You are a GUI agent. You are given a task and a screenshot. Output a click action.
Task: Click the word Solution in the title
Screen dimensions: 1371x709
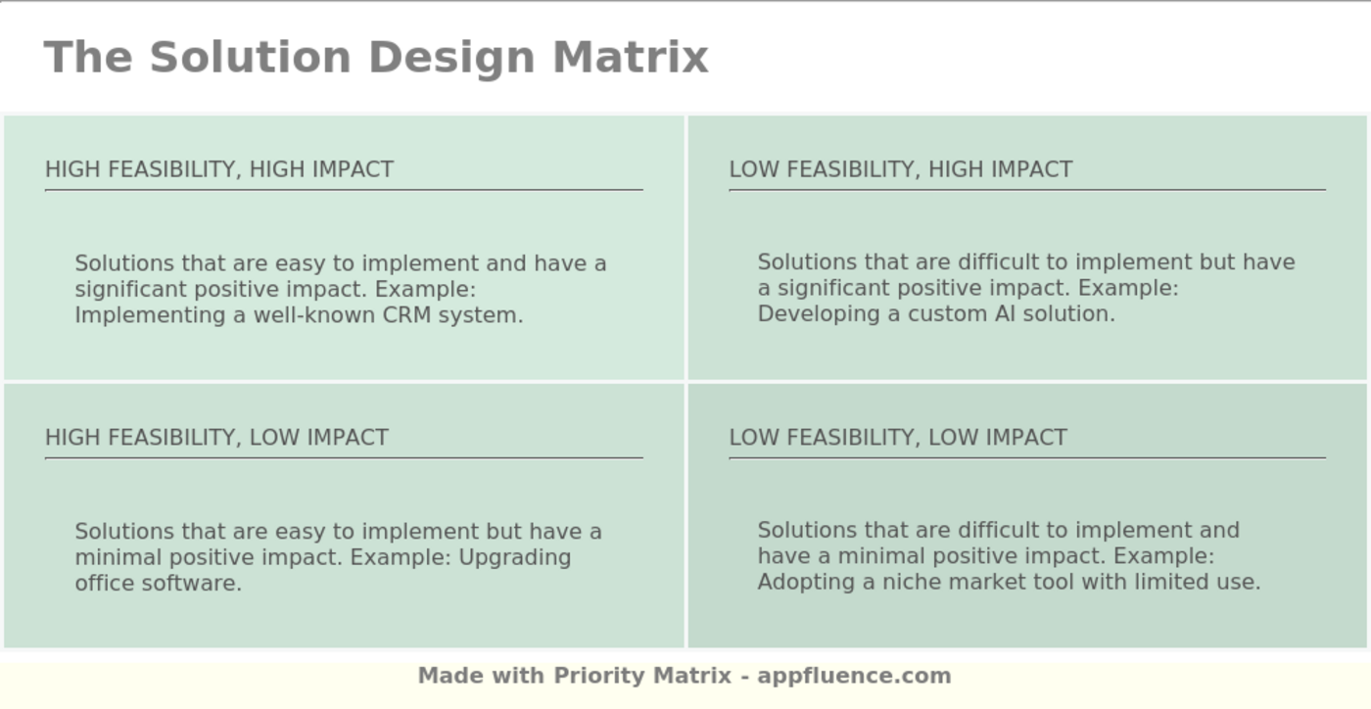coord(251,57)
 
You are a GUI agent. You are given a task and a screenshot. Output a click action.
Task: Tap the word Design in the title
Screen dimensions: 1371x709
coord(452,59)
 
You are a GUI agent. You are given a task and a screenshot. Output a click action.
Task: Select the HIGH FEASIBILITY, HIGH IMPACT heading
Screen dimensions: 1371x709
coord(219,169)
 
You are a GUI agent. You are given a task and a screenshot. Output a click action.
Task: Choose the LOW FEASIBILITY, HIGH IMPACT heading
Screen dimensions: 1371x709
coord(901,169)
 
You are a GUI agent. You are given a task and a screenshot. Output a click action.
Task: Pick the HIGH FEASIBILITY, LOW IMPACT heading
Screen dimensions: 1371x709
coord(216,438)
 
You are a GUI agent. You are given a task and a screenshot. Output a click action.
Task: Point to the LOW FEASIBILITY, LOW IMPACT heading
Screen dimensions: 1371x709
coord(899,438)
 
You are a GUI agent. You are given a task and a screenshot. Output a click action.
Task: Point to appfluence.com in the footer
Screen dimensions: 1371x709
coord(854,676)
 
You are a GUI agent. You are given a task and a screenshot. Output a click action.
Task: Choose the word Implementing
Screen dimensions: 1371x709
coord(150,316)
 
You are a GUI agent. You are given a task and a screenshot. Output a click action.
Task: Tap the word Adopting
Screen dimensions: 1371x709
coord(806,583)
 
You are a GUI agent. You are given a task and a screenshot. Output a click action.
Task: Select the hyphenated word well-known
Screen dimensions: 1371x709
coord(314,315)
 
